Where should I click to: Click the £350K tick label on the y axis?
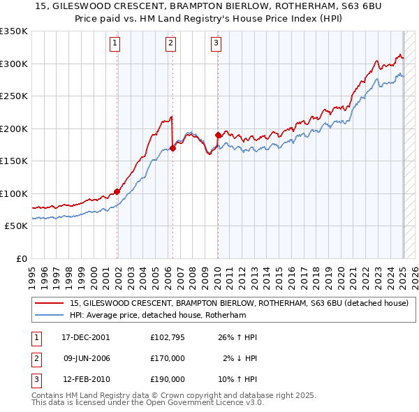[14, 31]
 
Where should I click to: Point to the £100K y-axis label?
[14, 193]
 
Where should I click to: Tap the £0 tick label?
[21, 258]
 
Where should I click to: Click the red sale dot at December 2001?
[117, 191]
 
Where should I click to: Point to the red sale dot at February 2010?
[218, 135]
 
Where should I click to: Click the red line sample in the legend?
[50, 304]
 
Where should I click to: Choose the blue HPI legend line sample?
[50, 316]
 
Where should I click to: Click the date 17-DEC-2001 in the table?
[86, 337]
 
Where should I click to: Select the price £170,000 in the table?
[168, 358]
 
